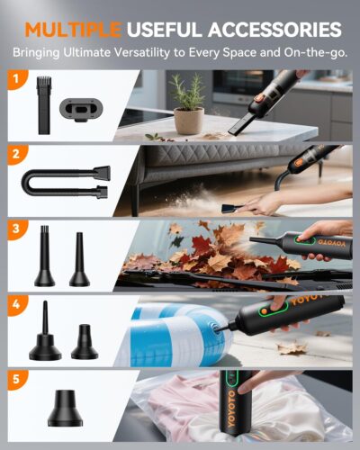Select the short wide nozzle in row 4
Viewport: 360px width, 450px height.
pyautogui.click(x=85, y=339)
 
